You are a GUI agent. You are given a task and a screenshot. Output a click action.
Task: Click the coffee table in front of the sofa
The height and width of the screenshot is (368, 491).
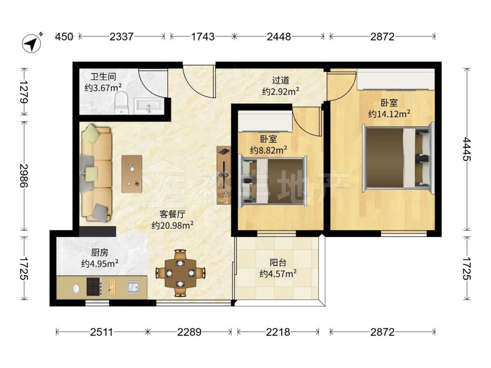click(132, 174)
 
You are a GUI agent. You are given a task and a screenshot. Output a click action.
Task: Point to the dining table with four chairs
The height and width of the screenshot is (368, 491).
click(180, 273)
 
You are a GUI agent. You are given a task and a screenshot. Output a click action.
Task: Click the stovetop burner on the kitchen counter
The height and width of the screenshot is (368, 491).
click(94, 287)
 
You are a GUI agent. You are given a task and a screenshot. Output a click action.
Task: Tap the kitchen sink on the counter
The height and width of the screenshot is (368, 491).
click(134, 287)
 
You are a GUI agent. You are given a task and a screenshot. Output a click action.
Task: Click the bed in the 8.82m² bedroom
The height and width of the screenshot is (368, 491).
click(272, 181)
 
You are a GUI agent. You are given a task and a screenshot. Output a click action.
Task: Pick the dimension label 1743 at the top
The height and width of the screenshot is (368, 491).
click(203, 37)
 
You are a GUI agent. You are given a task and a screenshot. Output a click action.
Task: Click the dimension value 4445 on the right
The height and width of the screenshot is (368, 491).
click(467, 149)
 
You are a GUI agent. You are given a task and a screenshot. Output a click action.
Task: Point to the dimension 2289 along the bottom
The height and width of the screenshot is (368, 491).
click(190, 332)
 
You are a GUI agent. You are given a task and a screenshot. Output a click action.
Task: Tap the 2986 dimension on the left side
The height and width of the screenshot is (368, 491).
click(24, 175)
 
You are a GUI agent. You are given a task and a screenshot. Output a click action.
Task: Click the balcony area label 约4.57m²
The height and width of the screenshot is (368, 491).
click(278, 274)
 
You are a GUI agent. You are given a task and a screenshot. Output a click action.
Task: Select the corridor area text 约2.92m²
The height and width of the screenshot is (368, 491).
click(280, 91)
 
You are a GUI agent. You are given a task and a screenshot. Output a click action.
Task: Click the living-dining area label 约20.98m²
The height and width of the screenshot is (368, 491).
click(172, 225)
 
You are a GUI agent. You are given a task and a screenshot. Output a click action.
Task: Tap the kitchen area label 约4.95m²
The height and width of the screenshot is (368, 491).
click(100, 263)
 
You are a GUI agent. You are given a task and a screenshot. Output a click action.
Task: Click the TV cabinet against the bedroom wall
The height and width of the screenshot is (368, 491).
click(224, 175)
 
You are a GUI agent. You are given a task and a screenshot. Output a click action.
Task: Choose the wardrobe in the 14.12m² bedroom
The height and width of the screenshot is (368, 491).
click(396, 80)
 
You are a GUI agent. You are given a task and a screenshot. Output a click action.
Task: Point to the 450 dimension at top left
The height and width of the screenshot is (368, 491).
click(64, 37)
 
